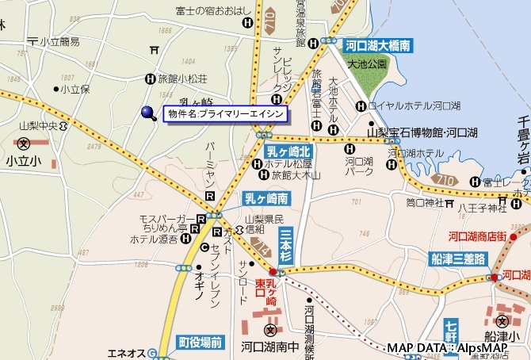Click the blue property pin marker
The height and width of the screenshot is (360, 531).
tap(148, 114)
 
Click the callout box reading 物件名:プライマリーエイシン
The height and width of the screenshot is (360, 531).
tap(225, 114)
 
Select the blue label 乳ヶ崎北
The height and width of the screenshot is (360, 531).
tap(288, 151)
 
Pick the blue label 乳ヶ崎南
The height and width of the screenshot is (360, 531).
tap(266, 197)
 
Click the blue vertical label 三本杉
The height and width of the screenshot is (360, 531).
tap(285, 246)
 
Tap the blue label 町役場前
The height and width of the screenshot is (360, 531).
tap(200, 343)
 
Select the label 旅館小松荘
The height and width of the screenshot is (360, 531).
tap(182, 79)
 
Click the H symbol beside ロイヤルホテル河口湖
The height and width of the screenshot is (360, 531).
tap(361, 105)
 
